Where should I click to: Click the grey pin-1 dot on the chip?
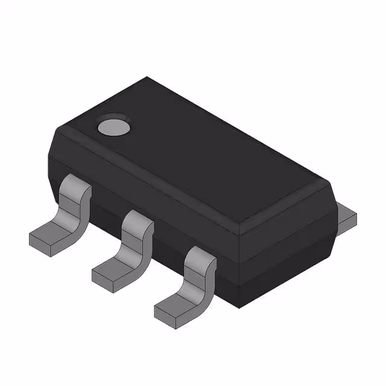(x=113, y=126)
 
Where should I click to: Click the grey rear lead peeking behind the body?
(x=346, y=217)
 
